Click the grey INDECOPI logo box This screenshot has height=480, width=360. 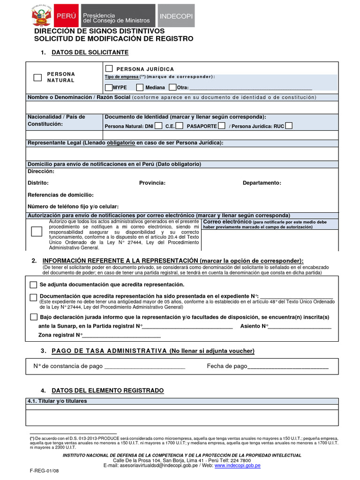click(175, 16)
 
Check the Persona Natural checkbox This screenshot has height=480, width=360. click(37, 78)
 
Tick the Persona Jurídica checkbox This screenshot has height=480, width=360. click(109, 69)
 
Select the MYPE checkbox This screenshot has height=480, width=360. click(109, 87)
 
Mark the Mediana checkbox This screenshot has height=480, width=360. click(140, 87)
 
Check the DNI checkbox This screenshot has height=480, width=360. click(158, 126)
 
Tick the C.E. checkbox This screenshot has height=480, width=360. click(180, 126)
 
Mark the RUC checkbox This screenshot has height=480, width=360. click(289, 126)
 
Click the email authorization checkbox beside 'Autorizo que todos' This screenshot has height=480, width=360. click(36, 231)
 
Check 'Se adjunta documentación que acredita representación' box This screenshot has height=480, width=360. click(33, 285)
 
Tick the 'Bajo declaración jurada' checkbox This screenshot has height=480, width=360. click(33, 317)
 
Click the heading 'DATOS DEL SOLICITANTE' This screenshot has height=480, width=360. click(90, 52)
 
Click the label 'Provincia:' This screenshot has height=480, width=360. click(152, 183)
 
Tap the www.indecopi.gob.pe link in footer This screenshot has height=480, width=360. click(238, 465)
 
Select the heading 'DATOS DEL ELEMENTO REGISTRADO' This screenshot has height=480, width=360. click(107, 390)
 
